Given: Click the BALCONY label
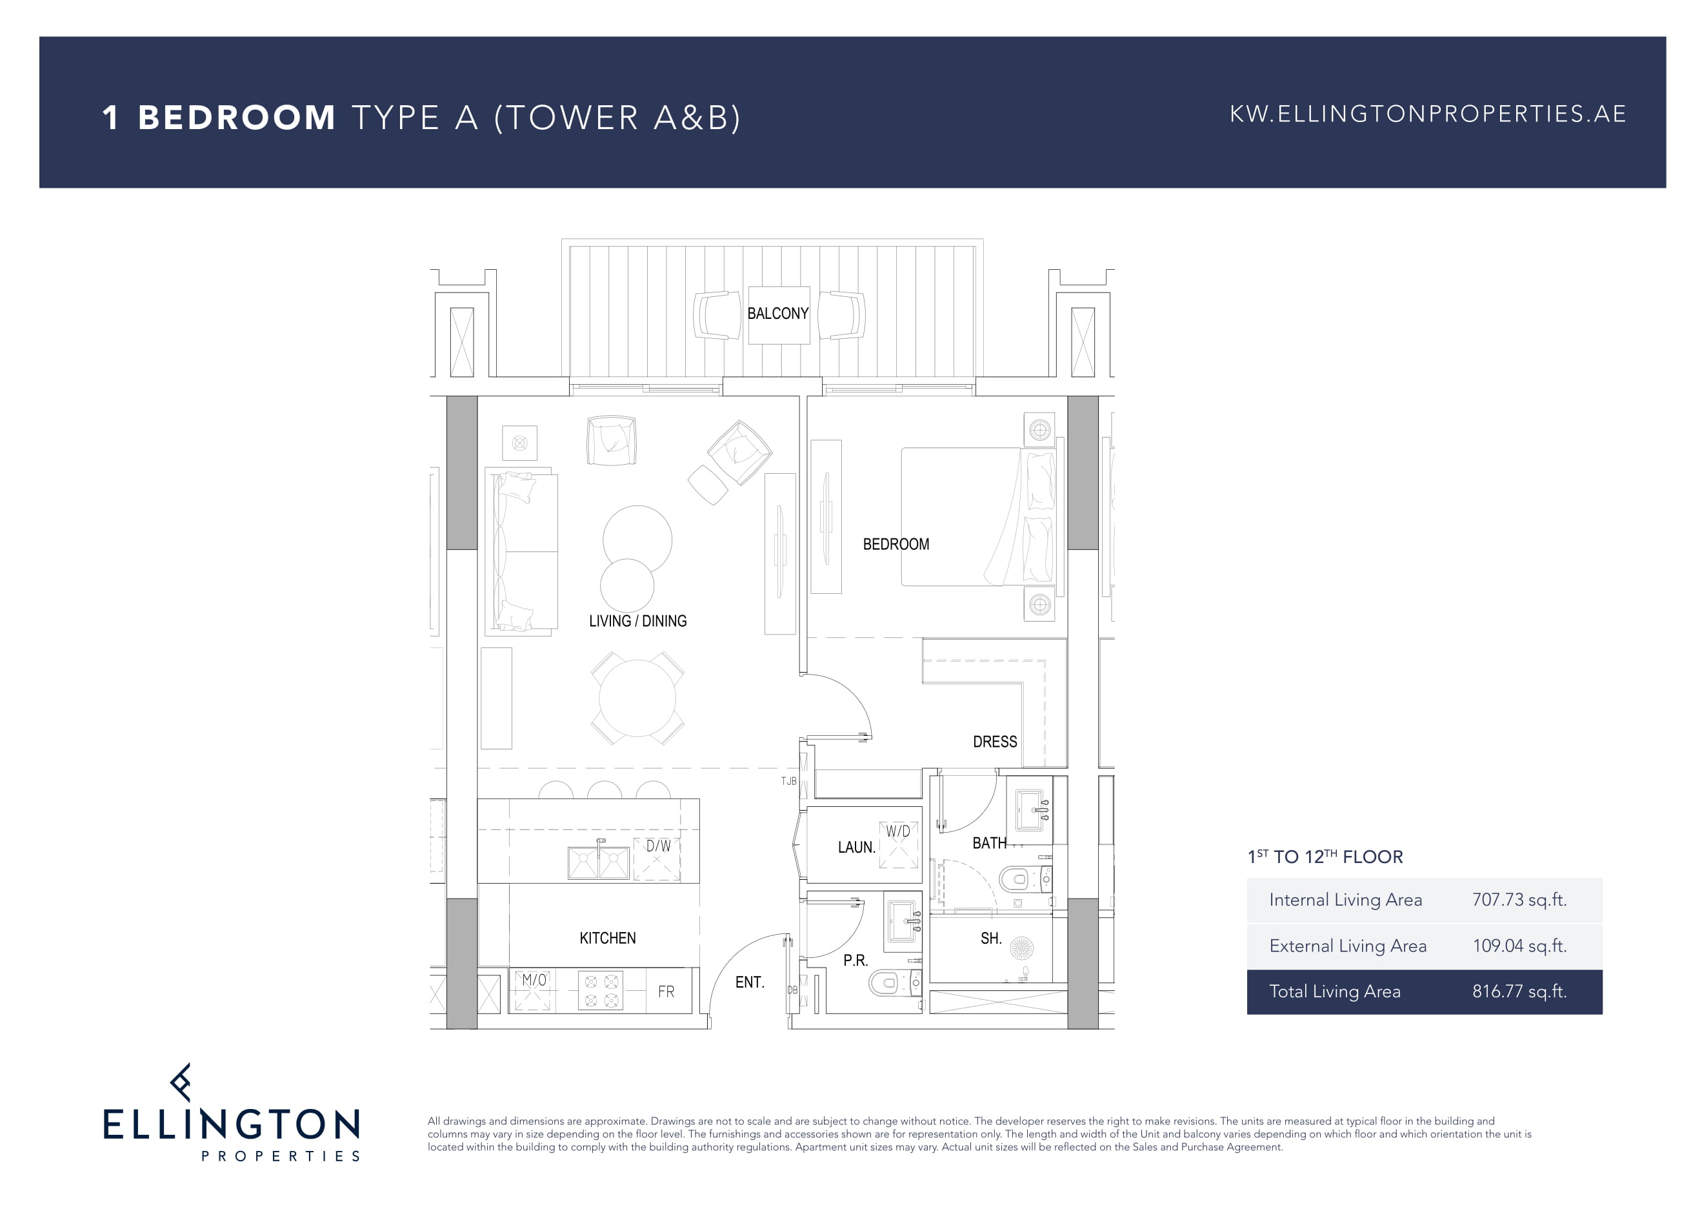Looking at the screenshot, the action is [x=777, y=314].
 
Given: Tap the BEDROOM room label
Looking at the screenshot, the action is [x=896, y=544].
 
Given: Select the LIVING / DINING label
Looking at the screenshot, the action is [x=638, y=621].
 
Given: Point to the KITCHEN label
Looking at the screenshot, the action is [x=607, y=938].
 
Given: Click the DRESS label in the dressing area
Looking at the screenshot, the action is [x=994, y=742].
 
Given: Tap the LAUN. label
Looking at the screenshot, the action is [x=856, y=848].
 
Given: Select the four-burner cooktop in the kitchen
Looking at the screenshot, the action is [x=601, y=990].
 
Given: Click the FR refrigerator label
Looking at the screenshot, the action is [x=666, y=991].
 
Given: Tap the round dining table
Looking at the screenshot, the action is [x=637, y=698].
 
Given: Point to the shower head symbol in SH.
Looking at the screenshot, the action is [x=1021, y=948].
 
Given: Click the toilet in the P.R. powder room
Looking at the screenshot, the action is [x=893, y=982].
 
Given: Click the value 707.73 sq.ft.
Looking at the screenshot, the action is [x=1519, y=899].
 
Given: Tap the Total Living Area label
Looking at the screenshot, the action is [x=1334, y=991].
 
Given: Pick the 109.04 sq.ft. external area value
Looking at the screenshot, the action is [x=1519, y=945].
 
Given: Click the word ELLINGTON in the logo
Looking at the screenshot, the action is [x=231, y=1124].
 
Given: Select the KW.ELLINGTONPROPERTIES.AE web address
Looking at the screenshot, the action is [x=1427, y=114].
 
